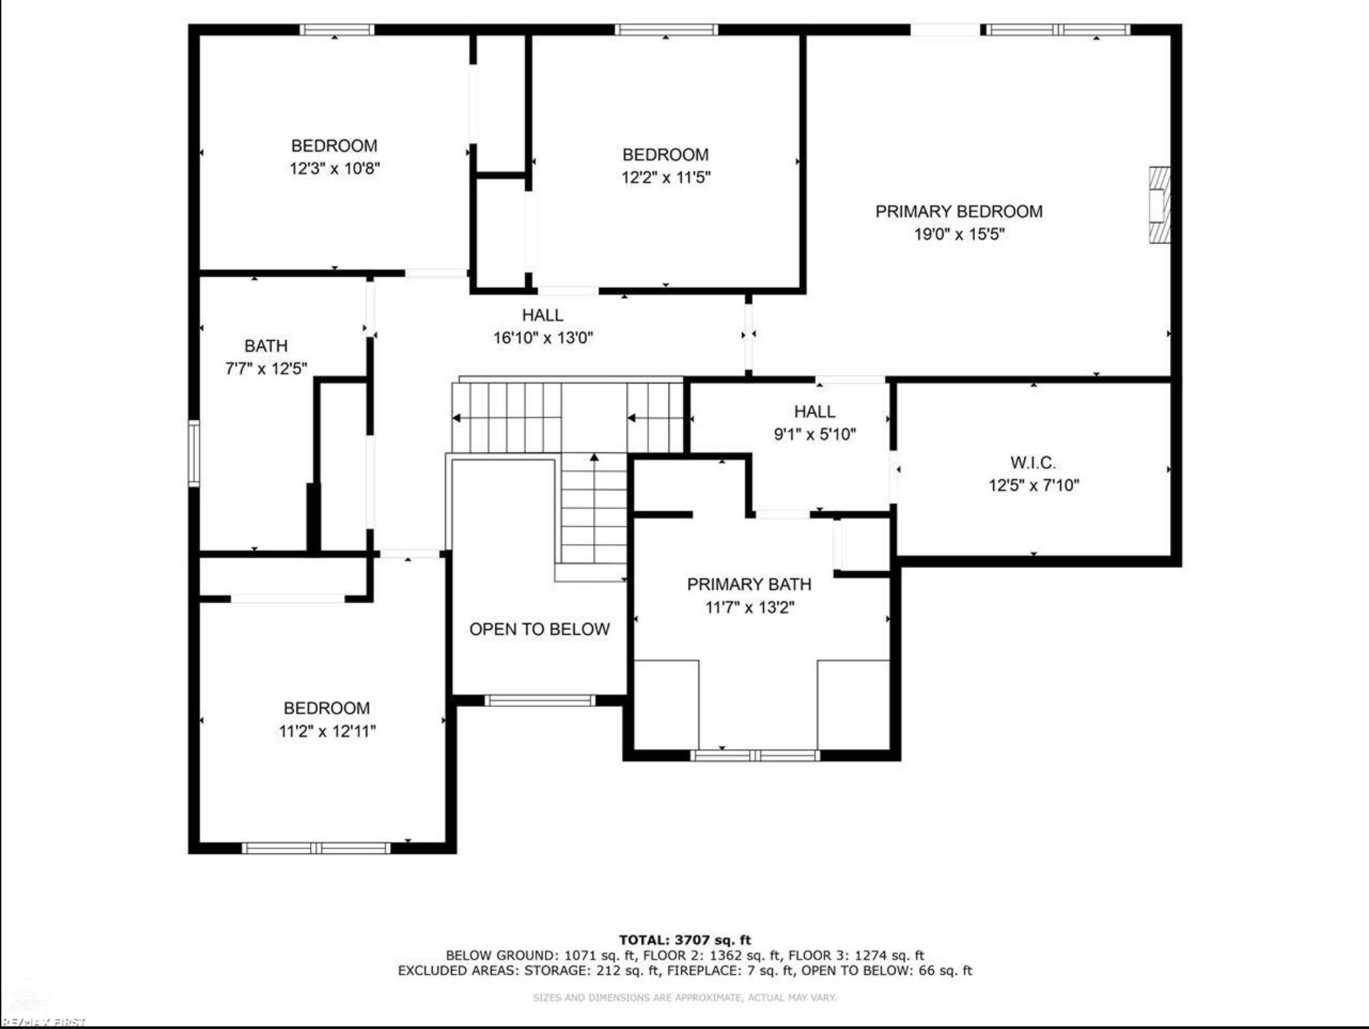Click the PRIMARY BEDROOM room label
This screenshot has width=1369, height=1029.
click(x=959, y=212)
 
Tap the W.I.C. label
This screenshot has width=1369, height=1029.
click(x=1033, y=462)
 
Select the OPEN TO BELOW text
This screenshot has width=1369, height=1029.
click(x=540, y=629)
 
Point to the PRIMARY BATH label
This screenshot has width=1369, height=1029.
click(x=749, y=585)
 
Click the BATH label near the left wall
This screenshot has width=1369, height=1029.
click(x=266, y=346)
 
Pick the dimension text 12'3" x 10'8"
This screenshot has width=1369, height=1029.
click(x=335, y=168)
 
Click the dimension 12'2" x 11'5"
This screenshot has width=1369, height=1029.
click(x=666, y=177)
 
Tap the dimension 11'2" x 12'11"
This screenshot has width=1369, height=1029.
click(x=327, y=731)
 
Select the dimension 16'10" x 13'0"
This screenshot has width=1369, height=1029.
click(x=543, y=338)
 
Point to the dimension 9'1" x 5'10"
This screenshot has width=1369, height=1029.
click(x=815, y=434)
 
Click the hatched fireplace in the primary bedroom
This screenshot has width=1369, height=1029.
click(x=1160, y=205)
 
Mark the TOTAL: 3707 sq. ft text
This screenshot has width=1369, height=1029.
click(x=684, y=940)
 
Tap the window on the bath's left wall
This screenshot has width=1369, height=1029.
click(x=194, y=453)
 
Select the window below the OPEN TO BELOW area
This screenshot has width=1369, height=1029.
click(x=540, y=700)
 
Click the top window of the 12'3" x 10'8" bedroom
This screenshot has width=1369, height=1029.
click(x=336, y=29)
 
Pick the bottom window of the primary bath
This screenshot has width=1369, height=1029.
click(x=755, y=756)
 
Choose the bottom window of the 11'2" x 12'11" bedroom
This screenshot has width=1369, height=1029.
click(x=316, y=848)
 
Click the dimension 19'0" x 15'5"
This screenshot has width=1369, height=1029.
click(x=959, y=235)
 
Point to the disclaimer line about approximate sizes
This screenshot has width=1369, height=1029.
click(x=684, y=998)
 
